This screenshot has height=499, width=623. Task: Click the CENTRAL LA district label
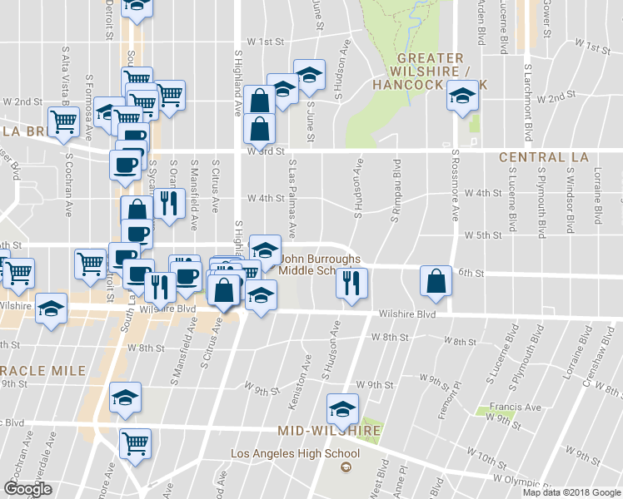click(x=543, y=157)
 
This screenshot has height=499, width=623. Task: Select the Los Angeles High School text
click(x=295, y=453)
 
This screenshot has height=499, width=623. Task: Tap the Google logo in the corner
click(x=28, y=489)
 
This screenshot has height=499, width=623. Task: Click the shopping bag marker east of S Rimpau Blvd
click(x=436, y=281)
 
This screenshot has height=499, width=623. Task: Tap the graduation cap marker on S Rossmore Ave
click(x=463, y=97)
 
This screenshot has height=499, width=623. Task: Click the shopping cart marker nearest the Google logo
click(x=135, y=442)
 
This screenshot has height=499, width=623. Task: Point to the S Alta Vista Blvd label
click(x=66, y=74)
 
